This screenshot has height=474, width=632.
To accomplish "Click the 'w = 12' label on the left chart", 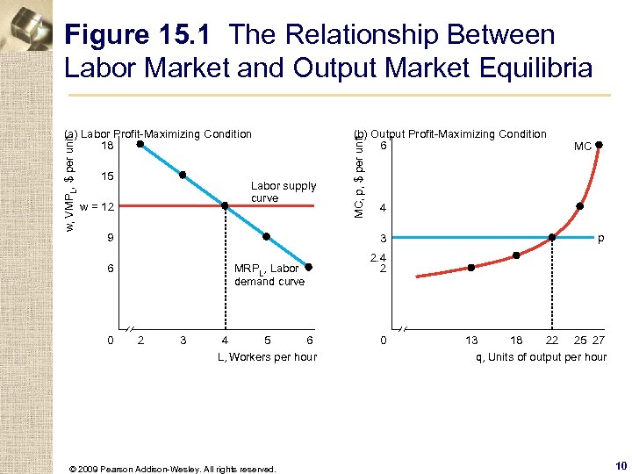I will pyautogui.click(x=97, y=207).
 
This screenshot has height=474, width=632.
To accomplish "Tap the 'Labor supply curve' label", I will pyautogui.click(x=283, y=191).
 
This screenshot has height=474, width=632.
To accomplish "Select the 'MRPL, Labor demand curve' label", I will pyautogui.click(x=269, y=275).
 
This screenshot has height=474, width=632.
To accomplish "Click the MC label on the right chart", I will pyautogui.click(x=583, y=147).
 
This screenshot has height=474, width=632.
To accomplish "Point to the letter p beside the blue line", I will pyautogui.click(x=600, y=238).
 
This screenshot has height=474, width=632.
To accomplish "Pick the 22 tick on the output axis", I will pyautogui.click(x=551, y=340).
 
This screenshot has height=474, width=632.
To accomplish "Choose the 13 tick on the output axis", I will pyautogui.click(x=471, y=340).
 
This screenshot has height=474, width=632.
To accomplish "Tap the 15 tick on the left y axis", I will pyautogui.click(x=107, y=176).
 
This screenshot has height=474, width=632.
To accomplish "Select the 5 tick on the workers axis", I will pyautogui.click(x=267, y=340).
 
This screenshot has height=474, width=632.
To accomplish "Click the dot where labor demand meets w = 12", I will pyautogui.click(x=225, y=206).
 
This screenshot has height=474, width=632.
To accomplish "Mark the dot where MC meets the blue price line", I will pyautogui.click(x=552, y=237).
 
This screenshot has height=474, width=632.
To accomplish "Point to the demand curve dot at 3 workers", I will pyautogui.click(x=183, y=175).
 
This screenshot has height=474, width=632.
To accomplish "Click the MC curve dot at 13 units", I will pyautogui.click(x=471, y=267).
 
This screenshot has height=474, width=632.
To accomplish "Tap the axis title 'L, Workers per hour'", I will pyautogui.click(x=267, y=356).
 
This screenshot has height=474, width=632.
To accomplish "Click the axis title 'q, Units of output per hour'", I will pyautogui.click(x=541, y=356).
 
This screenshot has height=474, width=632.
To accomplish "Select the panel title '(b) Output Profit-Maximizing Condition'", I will pyautogui.click(x=449, y=134).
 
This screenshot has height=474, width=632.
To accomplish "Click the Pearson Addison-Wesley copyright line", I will pyautogui.click(x=172, y=469).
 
